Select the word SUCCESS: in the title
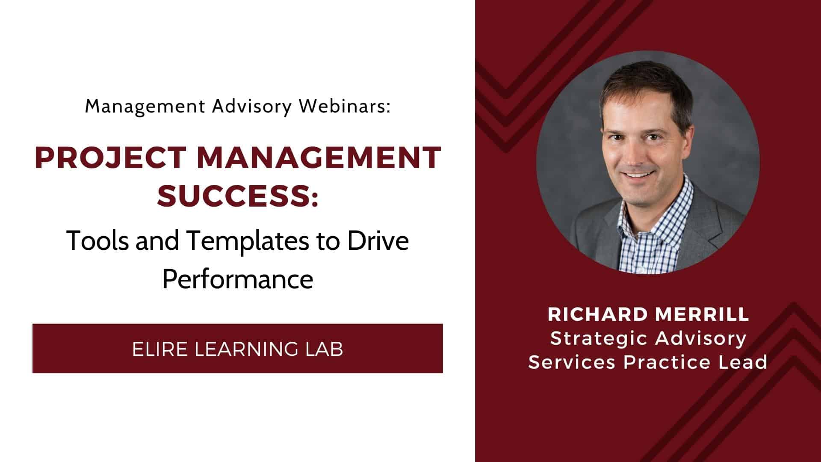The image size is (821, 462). (x=238, y=196)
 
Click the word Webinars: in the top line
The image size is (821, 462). (x=345, y=106)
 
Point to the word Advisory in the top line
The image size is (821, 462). (x=251, y=106)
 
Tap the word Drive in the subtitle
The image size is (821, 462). (x=378, y=240)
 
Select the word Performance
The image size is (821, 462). (x=238, y=279)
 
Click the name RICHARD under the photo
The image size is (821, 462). (x=597, y=314)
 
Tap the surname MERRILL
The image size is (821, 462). (x=702, y=314)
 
